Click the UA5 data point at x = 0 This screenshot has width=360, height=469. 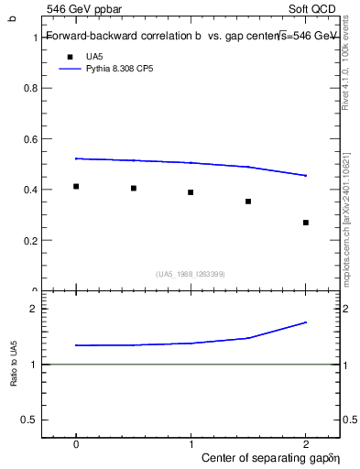click(76, 186)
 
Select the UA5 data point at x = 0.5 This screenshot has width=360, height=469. click(134, 188)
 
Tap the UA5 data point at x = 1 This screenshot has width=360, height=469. click(191, 192)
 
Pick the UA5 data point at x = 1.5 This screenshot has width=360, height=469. click(248, 202)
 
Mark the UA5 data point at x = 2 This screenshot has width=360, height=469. click(306, 223)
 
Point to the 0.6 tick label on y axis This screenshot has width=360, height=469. click(29, 139)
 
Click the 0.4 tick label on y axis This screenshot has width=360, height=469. click(29, 190)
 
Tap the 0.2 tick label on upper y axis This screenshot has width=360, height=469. click(29, 241)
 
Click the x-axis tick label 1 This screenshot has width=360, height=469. click(191, 444)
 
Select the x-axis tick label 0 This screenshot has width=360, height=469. click(76, 444)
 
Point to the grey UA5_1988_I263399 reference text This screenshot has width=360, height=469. click(191, 274)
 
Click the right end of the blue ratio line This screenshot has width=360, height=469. click(306, 322)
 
